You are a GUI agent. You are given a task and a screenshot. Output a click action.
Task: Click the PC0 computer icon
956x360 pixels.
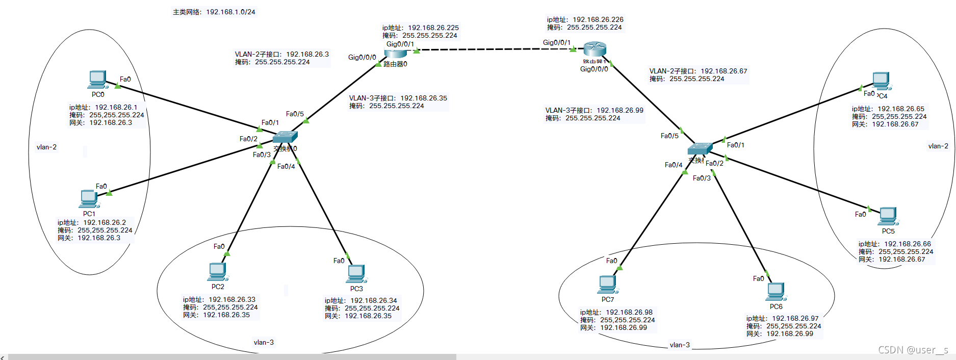(97, 80)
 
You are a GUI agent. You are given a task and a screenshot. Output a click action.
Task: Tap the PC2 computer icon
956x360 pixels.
(217, 272)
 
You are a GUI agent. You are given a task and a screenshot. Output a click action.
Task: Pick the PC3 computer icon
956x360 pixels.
(356, 274)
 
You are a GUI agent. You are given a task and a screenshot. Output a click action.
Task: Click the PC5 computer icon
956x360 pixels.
(888, 216)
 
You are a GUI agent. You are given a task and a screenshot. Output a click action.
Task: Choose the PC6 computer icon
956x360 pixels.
(776, 292)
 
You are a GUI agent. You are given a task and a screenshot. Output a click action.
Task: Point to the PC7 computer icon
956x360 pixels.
(607, 285)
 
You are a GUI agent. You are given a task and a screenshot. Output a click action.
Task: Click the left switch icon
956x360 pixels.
(285, 137)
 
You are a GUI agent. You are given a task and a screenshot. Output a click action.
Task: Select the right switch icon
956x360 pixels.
(700, 148)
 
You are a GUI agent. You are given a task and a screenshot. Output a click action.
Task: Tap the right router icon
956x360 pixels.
(595, 49)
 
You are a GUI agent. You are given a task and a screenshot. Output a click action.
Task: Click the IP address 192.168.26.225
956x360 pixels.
(433, 28)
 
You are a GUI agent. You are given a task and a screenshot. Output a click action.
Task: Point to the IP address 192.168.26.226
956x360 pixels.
(598, 20)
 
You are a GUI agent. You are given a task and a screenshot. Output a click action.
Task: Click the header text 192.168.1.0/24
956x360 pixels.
(230, 12)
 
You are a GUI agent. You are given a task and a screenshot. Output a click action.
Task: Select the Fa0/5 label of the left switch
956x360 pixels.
(295, 114)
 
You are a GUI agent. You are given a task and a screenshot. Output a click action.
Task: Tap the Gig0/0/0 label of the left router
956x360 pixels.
(362, 58)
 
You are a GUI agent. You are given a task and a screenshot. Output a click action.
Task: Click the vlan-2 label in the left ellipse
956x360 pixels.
(46, 147)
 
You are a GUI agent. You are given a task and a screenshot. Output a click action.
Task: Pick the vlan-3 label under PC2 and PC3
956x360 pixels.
(264, 343)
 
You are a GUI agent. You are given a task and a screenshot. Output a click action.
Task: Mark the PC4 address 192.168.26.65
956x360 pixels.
(900, 109)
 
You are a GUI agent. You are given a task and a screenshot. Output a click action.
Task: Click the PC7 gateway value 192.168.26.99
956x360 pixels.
(623, 328)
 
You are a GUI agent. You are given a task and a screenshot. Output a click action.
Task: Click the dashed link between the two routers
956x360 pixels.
(495, 49)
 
